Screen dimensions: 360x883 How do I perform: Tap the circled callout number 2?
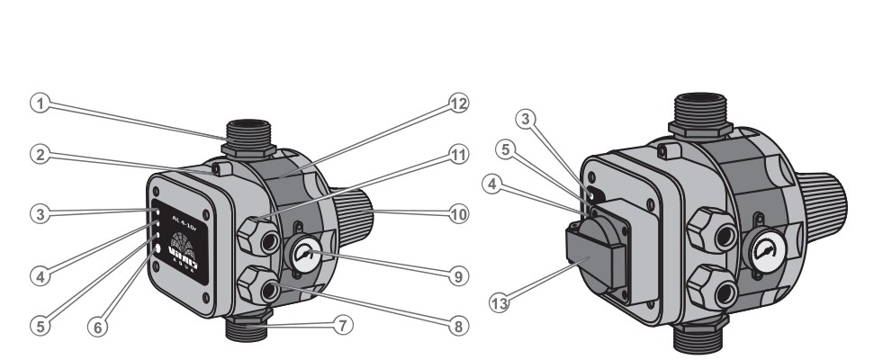[x=38, y=155]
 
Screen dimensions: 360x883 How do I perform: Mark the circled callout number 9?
[x=458, y=277]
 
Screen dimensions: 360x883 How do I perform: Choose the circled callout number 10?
[x=458, y=215]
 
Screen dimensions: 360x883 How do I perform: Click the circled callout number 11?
[x=458, y=156]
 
